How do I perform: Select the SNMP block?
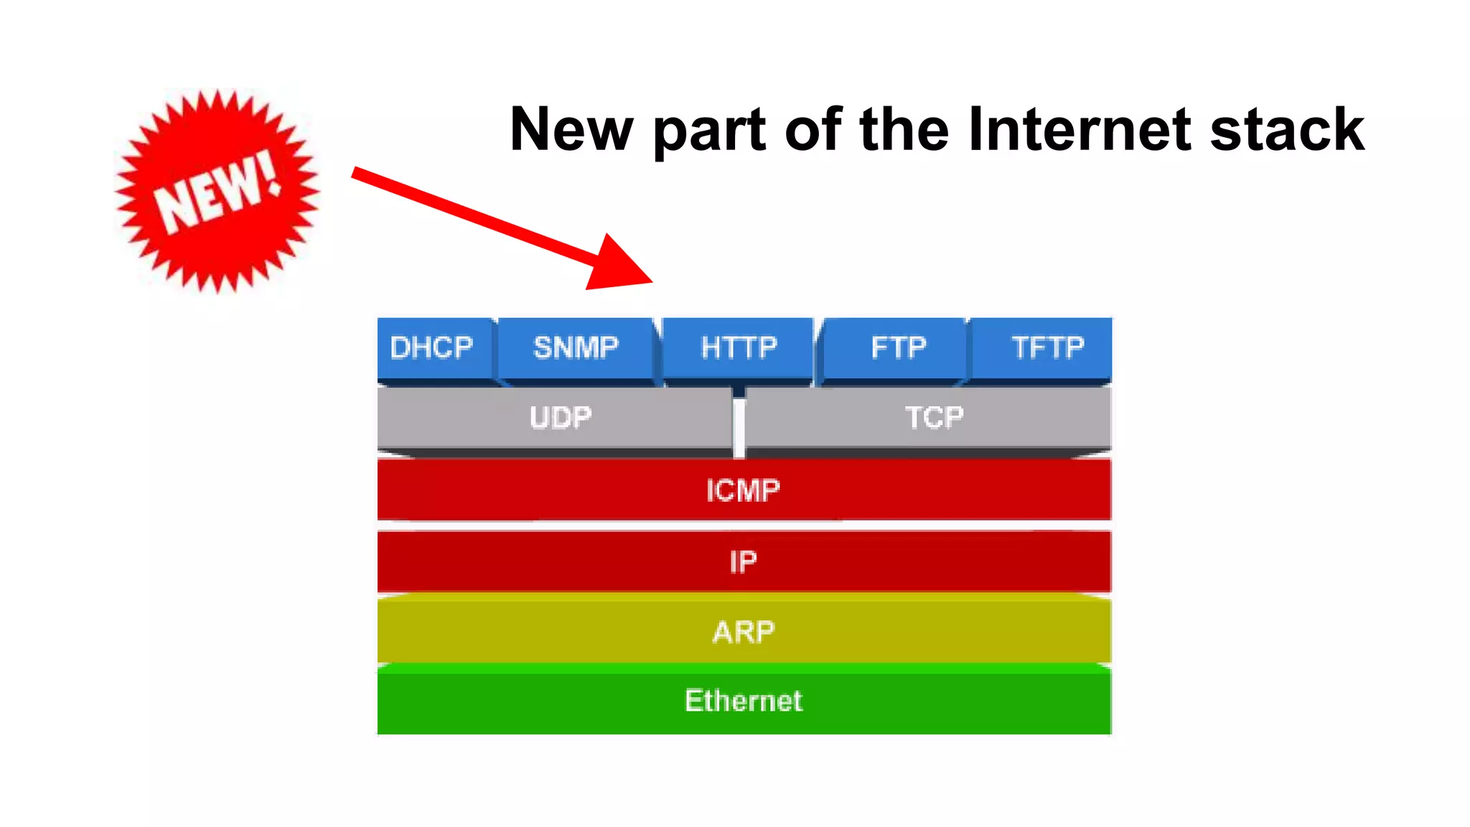tap(576, 348)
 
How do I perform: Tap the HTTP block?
tap(739, 348)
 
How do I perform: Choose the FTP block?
tap(897, 348)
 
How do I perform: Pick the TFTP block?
tap(1047, 348)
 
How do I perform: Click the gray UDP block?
tap(559, 418)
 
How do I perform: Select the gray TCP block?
tap(932, 418)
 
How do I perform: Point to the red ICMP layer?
tap(744, 490)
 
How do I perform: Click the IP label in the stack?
tap(744, 562)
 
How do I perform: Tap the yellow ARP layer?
tap(744, 632)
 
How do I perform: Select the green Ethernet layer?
tap(744, 701)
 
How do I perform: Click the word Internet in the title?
tap(1083, 130)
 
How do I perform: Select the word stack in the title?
tap(1287, 130)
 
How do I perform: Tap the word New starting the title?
tap(571, 130)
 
